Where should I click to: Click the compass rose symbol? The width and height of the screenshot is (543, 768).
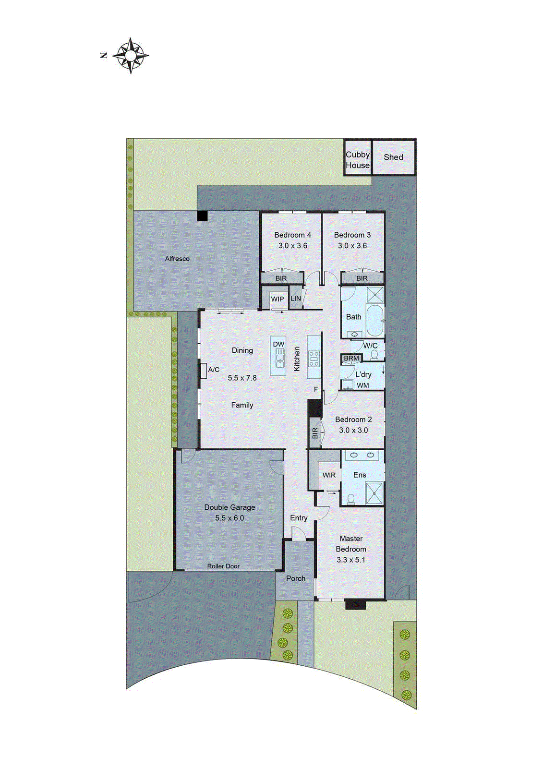point(131,55)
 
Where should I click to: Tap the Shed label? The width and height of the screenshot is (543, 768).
point(393,157)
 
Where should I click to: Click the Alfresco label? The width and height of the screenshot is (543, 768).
point(177,259)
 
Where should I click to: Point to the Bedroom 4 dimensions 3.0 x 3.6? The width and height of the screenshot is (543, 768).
point(292,246)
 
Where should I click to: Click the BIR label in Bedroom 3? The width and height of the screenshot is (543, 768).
point(362,278)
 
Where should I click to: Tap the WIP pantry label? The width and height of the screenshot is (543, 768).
point(278,299)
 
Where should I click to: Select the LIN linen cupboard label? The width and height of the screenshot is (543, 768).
point(296,299)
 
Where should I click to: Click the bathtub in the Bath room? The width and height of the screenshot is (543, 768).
point(374,320)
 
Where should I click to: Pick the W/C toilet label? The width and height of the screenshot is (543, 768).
point(370,346)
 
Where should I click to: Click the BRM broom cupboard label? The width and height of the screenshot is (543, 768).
point(351,358)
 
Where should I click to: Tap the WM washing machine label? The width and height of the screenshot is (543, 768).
point(363,385)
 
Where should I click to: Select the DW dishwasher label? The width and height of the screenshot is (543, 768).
point(278,344)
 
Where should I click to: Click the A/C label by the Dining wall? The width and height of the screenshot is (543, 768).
point(214,370)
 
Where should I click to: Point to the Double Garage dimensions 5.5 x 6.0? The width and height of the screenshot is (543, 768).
point(229,518)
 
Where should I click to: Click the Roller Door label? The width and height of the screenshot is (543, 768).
point(223,566)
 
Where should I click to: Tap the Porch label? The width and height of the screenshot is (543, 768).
point(296,578)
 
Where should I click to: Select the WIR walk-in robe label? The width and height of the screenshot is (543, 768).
point(329,475)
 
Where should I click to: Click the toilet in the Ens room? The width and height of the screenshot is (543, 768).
point(351,499)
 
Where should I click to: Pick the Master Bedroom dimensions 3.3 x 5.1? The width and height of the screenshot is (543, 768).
point(351,560)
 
